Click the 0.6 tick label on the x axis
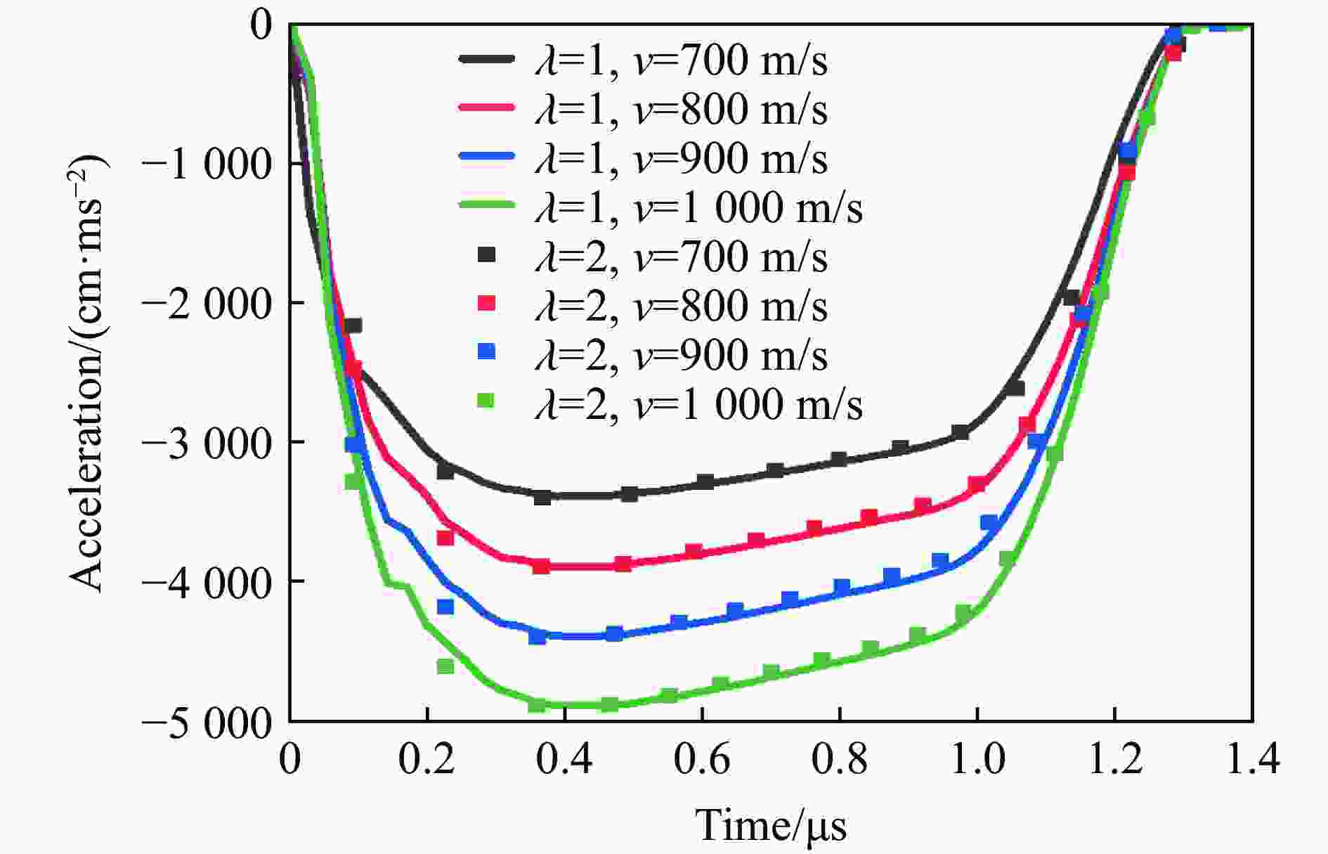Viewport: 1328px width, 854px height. [x=703, y=761]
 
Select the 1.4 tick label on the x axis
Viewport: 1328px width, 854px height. [x=1253, y=761]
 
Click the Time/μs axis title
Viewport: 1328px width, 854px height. [x=771, y=825]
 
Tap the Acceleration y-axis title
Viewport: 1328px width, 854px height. [x=88, y=373]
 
